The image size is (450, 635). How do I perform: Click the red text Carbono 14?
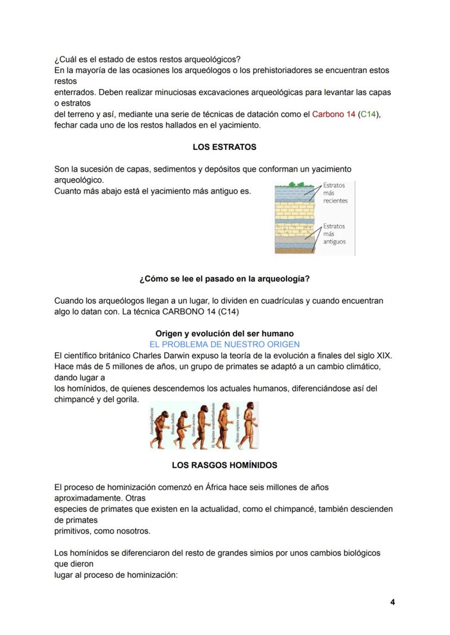click(x=333, y=115)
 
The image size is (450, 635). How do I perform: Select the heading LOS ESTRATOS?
click(x=224, y=147)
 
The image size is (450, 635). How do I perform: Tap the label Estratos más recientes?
click(x=335, y=193)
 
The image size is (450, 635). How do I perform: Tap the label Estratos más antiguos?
click(x=334, y=234)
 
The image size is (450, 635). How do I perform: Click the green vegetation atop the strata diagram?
click(x=294, y=185)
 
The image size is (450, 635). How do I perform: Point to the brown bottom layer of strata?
click(x=293, y=251)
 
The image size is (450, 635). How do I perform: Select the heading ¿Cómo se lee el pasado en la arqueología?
click(x=224, y=279)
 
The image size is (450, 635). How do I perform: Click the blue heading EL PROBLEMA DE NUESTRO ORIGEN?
click(x=224, y=344)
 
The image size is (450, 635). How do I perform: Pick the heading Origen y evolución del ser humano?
click(x=224, y=334)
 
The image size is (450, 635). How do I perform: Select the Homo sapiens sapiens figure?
click(x=250, y=426)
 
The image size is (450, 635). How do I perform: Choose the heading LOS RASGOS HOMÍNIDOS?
click(x=224, y=466)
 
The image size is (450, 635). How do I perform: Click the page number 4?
click(x=392, y=602)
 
